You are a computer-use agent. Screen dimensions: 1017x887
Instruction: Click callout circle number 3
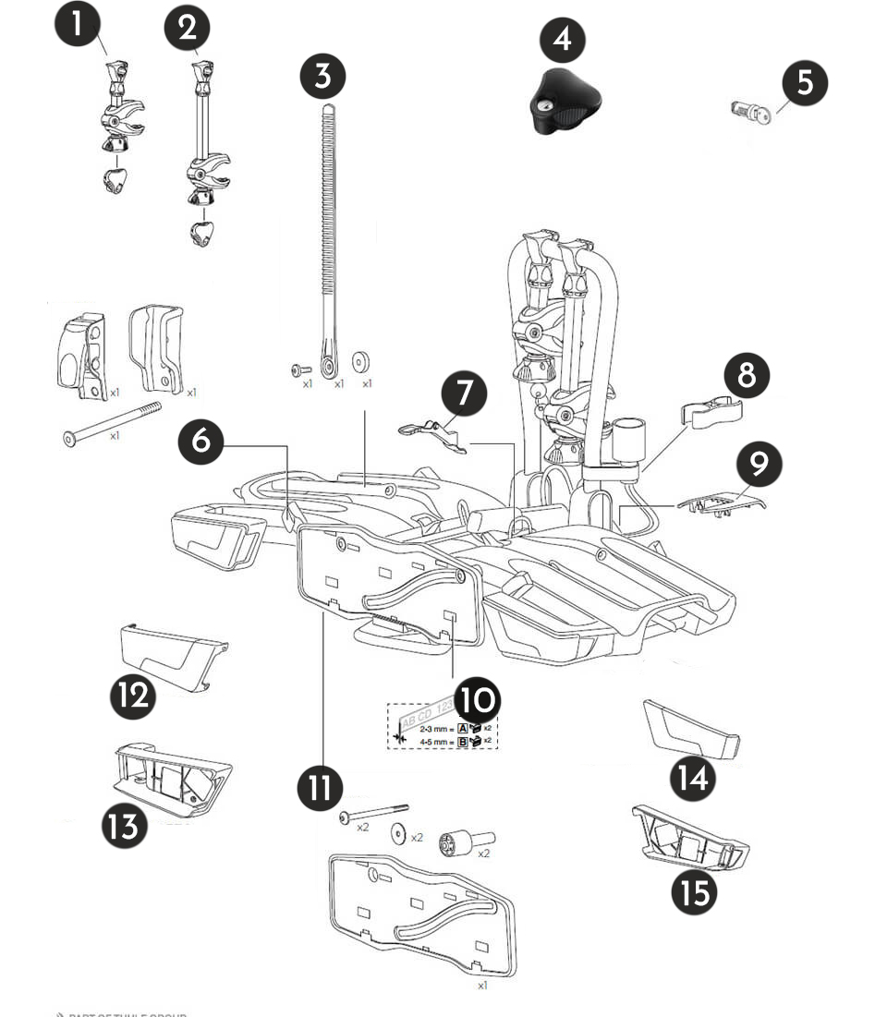coord(322,74)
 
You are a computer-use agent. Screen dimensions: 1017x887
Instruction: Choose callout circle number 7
coord(464,393)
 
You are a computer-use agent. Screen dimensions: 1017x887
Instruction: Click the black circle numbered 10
coord(477,703)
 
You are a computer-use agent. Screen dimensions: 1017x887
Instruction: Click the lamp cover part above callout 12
coord(173,650)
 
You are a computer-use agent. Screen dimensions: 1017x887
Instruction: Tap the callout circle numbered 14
coord(693,780)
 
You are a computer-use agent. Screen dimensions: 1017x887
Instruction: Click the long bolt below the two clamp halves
coord(112,422)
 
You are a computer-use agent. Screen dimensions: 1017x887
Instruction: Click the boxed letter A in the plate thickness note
coord(463,728)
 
